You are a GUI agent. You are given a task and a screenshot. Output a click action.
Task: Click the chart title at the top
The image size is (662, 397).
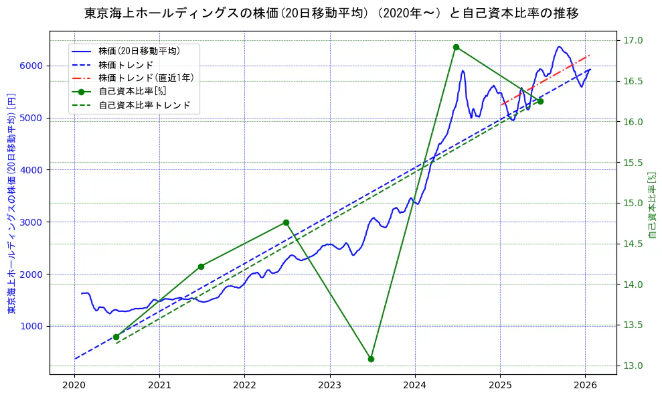pos(331,13)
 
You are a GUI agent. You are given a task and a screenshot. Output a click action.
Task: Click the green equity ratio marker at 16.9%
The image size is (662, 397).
pos(456,47)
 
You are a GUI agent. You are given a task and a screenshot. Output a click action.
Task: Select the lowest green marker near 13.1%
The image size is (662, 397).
pos(371,359)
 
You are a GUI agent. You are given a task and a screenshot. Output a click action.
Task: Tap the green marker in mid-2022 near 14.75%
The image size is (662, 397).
pos(286,222)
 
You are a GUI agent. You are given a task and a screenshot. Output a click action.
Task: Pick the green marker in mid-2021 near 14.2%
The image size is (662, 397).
pos(201,266)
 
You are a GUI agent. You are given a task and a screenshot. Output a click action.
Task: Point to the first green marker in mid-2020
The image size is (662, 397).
pos(116,337)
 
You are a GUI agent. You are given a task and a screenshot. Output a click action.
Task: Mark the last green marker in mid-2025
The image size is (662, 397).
pos(540,101)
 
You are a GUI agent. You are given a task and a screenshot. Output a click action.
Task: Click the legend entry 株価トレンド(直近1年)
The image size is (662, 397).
pos(146,78)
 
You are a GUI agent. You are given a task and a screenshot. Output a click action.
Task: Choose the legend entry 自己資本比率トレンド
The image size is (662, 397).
pos(144,105)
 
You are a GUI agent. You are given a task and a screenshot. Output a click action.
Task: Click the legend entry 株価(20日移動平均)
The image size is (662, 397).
pos(139,50)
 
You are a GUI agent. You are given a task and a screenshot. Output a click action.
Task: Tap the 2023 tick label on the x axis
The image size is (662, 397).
pos(329,385)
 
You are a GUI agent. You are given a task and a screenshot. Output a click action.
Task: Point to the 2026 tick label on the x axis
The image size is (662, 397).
pos(585,385)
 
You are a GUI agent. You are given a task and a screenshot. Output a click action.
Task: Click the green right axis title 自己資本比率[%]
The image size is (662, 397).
pos(653,204)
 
